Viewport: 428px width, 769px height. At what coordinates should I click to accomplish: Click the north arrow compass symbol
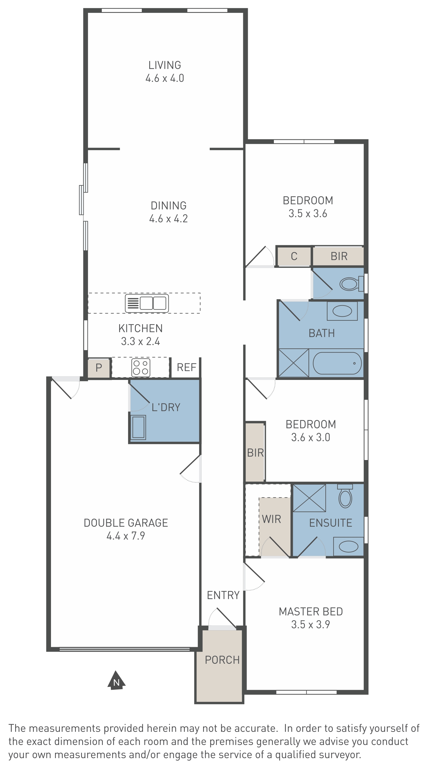point(116,680)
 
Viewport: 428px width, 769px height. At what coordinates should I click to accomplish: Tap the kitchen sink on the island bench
point(146,303)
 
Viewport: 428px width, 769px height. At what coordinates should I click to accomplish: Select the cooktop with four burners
point(141,368)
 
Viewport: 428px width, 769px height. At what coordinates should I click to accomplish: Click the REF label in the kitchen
point(186,367)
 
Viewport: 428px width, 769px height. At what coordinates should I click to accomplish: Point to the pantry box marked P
point(99,368)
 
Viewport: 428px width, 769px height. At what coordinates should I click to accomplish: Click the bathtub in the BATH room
point(337,363)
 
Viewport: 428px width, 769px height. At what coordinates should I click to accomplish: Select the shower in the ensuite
point(309,498)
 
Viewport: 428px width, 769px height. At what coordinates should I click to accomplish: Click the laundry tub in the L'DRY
point(138,427)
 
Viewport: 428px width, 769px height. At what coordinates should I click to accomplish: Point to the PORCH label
point(222,660)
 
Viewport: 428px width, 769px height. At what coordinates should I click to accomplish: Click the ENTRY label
point(223,595)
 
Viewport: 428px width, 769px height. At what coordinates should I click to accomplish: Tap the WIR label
point(271,519)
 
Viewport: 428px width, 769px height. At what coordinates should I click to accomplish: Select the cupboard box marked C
point(294,256)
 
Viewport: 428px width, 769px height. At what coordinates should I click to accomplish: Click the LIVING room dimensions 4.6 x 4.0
point(165,78)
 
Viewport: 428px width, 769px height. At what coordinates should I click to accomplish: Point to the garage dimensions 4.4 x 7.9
point(125,536)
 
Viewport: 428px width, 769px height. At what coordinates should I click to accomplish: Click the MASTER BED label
point(311,612)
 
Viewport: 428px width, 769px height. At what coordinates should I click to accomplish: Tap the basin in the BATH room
point(342,311)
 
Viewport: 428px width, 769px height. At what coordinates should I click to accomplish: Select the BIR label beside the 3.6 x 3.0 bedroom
point(256,453)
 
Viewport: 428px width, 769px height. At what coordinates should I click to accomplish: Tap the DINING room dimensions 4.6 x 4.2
point(168,219)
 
